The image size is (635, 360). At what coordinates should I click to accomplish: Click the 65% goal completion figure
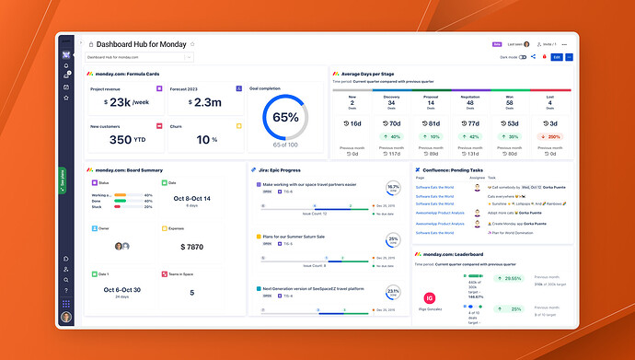click(x=285, y=118)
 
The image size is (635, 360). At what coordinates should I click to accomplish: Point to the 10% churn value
click(x=194, y=140)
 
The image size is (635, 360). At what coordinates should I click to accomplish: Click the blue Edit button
click(x=556, y=57)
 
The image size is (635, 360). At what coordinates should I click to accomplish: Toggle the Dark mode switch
click(x=523, y=57)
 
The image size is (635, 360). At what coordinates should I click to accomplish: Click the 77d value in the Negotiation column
click(x=473, y=122)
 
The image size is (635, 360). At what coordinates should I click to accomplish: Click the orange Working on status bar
click(x=124, y=195)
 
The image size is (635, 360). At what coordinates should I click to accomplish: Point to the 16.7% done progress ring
click(x=393, y=188)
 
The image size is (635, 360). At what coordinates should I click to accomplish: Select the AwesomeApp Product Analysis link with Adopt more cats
click(x=439, y=211)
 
